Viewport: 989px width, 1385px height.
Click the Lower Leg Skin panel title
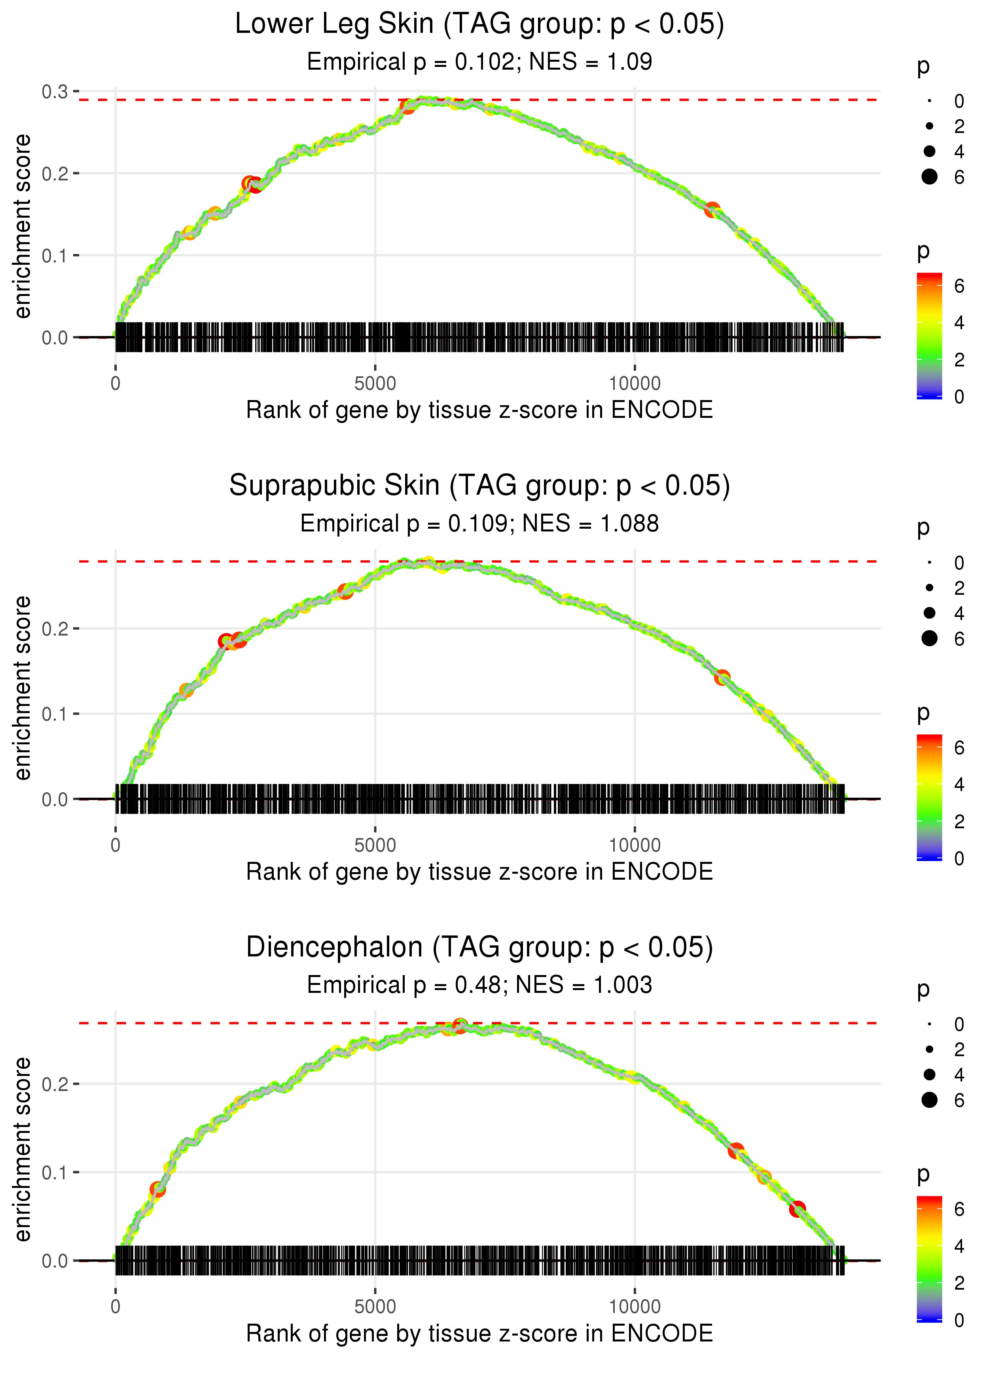(479, 25)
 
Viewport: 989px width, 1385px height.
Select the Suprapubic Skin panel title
(479, 486)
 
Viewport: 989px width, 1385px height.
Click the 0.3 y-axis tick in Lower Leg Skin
(55, 92)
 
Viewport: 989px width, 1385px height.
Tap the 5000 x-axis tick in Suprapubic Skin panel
(375, 845)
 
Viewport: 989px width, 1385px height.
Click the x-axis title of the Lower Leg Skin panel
(479, 410)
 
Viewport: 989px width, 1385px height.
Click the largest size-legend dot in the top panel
(929, 176)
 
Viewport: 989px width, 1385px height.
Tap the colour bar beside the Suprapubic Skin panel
(929, 796)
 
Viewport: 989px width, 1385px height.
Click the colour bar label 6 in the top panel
(959, 286)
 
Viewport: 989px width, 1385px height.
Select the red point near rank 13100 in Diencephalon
(797, 1209)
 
